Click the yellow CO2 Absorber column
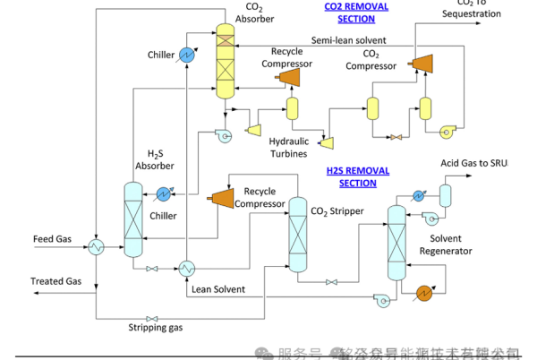(x=225, y=61)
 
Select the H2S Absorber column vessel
(x=132, y=219)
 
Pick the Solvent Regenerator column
(x=396, y=242)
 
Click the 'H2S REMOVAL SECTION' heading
(x=351, y=176)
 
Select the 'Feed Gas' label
(x=52, y=238)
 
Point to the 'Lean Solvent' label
(x=217, y=288)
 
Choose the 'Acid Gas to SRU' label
(x=473, y=163)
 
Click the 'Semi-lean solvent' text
(x=349, y=40)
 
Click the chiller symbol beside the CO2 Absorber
(x=188, y=55)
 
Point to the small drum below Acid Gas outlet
(x=445, y=194)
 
